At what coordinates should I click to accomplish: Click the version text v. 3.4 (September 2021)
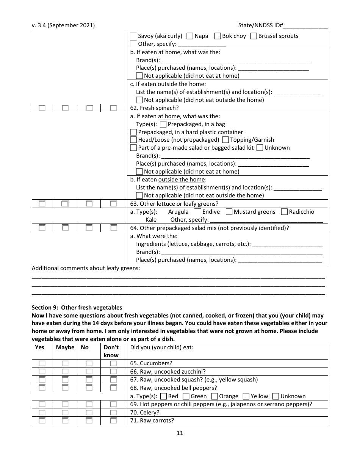(x=63, y=25)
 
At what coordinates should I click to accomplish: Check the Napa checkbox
(x=190, y=36)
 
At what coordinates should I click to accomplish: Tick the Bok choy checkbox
(x=218, y=36)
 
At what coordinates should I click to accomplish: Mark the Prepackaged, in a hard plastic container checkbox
(x=133, y=132)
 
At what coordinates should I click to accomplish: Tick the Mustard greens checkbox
(x=229, y=212)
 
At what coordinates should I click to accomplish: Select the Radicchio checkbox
(x=285, y=212)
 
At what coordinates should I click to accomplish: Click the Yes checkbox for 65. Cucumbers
(x=42, y=363)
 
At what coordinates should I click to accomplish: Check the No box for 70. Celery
(x=89, y=412)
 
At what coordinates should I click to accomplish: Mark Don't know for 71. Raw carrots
(x=113, y=420)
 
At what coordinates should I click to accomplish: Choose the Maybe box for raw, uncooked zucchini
(x=65, y=371)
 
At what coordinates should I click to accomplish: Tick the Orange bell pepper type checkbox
(x=214, y=396)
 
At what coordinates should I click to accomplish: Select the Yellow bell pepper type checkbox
(x=246, y=396)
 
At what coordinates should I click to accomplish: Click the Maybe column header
(x=65, y=347)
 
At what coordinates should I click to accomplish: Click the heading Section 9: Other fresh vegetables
(x=77, y=308)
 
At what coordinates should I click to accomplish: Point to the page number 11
(x=180, y=433)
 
